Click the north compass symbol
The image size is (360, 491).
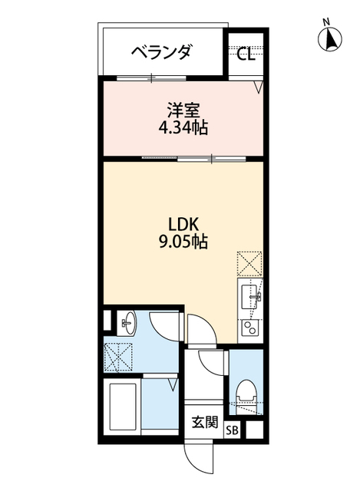coord(332,39)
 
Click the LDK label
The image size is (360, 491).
coord(184,224)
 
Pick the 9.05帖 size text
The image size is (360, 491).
coord(183,242)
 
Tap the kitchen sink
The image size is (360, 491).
coord(251,296)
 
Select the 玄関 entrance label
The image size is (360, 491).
coord(205,422)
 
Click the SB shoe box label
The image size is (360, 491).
coord(232,430)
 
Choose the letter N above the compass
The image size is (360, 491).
coord(326,21)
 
